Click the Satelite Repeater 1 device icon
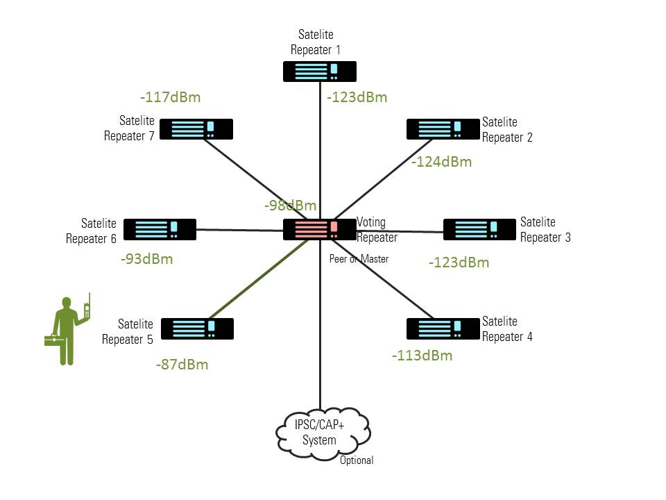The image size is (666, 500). (x=320, y=72)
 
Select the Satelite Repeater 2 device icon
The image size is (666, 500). (x=443, y=129)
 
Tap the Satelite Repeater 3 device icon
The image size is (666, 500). (x=479, y=229)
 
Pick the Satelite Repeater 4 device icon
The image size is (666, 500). (x=443, y=328)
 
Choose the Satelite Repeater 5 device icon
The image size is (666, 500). (x=197, y=328)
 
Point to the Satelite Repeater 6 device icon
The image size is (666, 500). (x=160, y=229)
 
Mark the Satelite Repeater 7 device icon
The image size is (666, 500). (x=196, y=129)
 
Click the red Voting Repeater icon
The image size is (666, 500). (x=319, y=229)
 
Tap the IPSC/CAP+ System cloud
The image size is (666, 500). (x=321, y=431)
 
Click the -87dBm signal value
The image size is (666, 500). (x=182, y=364)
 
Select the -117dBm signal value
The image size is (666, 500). (x=170, y=97)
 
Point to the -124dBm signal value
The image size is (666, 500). (x=441, y=162)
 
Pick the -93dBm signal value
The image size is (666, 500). (x=146, y=259)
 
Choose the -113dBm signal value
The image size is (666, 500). (x=422, y=356)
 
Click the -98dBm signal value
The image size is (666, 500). (x=290, y=205)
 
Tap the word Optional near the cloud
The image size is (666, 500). (x=357, y=460)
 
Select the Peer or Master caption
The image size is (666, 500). (x=359, y=259)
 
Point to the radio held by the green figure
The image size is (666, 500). (x=87, y=308)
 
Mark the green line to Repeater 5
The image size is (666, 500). (x=257, y=279)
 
